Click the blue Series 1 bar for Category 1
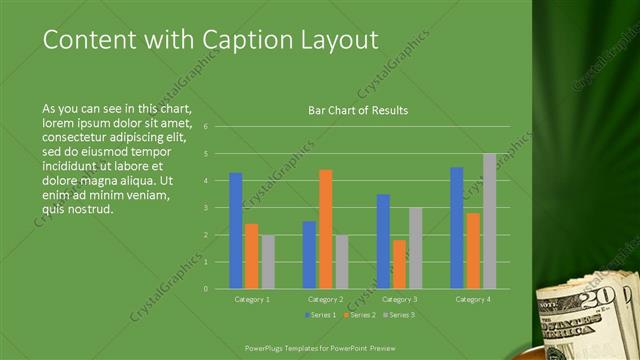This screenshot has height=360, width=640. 236,230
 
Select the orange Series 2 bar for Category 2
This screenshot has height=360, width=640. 326,229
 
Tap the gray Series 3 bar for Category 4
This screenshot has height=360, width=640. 489,221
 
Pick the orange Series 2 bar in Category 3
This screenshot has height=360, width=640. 399,264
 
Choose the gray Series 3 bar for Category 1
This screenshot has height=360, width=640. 268,262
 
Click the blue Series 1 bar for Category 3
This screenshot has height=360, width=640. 383,241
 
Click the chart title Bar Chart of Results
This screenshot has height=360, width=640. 358,110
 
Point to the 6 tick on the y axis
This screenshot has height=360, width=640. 204,127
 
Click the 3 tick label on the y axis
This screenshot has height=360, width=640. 204,208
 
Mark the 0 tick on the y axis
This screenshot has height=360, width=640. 204,289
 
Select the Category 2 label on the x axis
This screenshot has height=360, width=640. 325,299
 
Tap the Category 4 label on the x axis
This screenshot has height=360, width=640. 472,299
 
